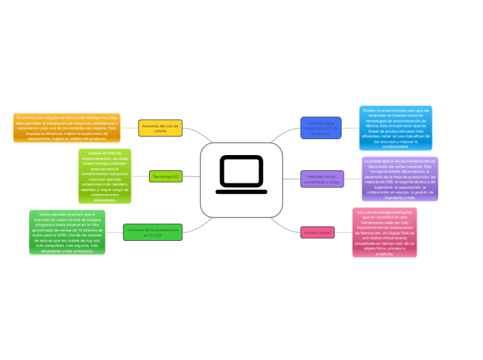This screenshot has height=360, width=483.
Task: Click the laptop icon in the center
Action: coord(241,174)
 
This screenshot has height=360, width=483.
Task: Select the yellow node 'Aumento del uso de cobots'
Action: coord(160,128)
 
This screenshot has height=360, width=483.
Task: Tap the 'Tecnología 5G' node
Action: coord(166,177)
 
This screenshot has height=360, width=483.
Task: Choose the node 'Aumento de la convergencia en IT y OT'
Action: coord(152,232)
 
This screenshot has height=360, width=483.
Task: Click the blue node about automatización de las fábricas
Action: coord(322,127)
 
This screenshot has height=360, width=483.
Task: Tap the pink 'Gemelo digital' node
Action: coord(317,233)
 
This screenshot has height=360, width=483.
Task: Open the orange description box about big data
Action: coord(67,128)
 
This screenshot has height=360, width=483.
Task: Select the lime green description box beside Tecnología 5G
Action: coord(105,177)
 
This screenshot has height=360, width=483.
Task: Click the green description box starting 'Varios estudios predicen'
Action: coord(67,232)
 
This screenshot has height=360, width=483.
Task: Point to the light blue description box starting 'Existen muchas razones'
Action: coord(396,128)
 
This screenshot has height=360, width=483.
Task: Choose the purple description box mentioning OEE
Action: coord(401,179)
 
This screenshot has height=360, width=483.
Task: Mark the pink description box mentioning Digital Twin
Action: coord(385,233)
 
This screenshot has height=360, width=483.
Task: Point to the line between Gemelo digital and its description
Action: coord(344,233)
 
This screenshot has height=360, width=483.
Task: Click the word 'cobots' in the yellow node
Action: coord(160,132)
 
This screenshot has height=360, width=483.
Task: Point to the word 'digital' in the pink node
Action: coord(324,233)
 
